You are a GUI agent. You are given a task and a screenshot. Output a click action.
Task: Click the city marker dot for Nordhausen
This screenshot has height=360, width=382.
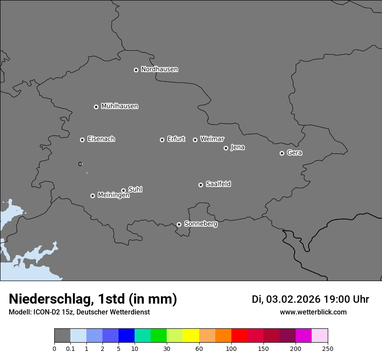coord(136,70)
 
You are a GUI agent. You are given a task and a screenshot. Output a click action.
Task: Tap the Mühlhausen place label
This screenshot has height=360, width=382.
coord(119,106)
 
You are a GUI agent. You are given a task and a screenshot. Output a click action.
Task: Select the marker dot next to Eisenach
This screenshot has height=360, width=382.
coord(82,140)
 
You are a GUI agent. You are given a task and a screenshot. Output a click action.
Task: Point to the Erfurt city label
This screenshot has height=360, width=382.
coord(176,139)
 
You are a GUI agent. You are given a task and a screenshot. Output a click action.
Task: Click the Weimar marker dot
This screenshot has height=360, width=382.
coord(195,140)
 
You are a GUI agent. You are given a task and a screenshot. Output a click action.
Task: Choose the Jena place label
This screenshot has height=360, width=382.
coord(237,147)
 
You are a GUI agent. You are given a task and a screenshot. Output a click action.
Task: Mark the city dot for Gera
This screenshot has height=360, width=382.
coord(282,153)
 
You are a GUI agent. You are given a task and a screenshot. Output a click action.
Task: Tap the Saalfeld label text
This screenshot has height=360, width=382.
coord(218,184)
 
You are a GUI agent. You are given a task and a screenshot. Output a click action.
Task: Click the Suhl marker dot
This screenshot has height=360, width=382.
coord(123,190)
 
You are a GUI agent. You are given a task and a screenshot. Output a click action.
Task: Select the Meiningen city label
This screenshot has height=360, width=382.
coord(113,196)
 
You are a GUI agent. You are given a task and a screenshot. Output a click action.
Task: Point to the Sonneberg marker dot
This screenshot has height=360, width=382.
coord(179,224)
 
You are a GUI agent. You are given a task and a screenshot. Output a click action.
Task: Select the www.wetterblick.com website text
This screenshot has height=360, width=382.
coord(313,312)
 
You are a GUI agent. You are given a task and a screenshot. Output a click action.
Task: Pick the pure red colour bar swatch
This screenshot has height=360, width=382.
coord(239,336)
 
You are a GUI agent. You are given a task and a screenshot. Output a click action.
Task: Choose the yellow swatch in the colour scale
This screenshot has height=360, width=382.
coord(191,336)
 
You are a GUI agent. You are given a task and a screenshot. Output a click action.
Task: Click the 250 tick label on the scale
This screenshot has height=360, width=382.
coord(328,348)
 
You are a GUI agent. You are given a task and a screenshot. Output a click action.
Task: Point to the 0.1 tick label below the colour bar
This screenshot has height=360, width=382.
coord(70,348)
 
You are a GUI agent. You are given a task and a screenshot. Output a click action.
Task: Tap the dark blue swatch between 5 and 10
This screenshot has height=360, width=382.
coord(126,336)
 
